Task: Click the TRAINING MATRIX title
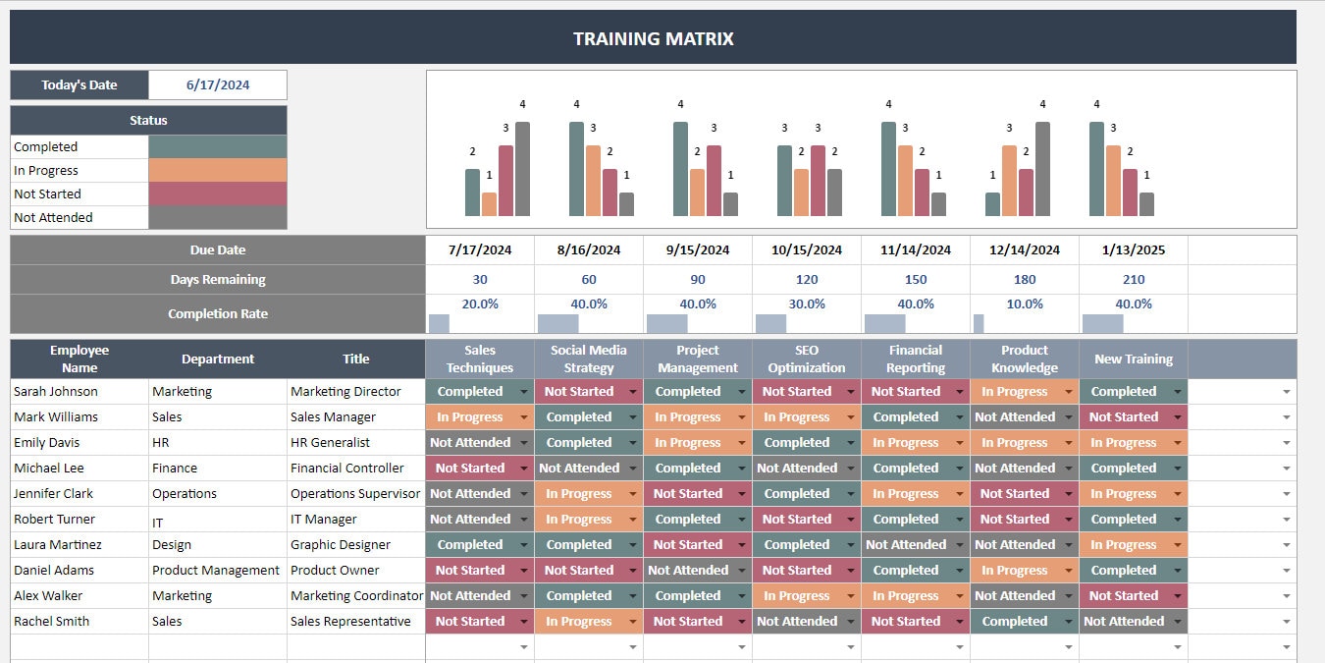pos(653,39)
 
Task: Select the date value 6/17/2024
pos(218,85)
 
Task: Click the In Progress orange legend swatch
pos(217,171)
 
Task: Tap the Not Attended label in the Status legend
pos(54,218)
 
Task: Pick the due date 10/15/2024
pos(807,250)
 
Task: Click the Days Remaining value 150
pos(916,280)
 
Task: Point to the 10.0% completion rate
pos(1025,304)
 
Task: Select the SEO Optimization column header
pos(807,359)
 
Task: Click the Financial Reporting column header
pos(916,359)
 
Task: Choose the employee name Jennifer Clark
pos(54,494)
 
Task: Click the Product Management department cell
pos(216,571)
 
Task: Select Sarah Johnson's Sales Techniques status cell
pos(471,392)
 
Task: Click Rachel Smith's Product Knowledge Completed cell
pos(1015,622)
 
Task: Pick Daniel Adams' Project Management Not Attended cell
pos(688,571)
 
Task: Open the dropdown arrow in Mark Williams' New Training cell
pos(1177,417)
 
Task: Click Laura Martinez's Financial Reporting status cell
pos(906,545)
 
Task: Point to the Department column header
pos(218,359)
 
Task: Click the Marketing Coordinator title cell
pos(356,596)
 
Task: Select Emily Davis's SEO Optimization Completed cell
pos(797,443)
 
